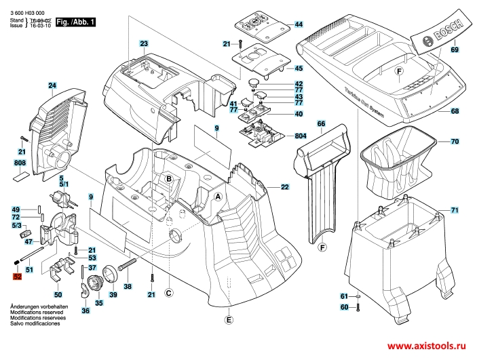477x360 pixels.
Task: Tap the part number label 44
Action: (299, 24)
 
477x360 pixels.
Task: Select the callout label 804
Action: (300, 136)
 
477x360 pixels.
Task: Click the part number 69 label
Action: (454, 50)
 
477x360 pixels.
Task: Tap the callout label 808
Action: (20, 163)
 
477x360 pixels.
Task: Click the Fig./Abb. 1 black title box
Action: (75, 22)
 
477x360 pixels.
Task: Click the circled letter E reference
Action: (229, 320)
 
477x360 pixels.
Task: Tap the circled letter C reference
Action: (169, 292)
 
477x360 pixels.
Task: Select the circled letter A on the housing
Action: (218, 196)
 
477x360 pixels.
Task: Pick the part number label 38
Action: (128, 286)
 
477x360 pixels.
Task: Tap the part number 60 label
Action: (344, 308)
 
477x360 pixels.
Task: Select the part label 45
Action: (299, 68)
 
